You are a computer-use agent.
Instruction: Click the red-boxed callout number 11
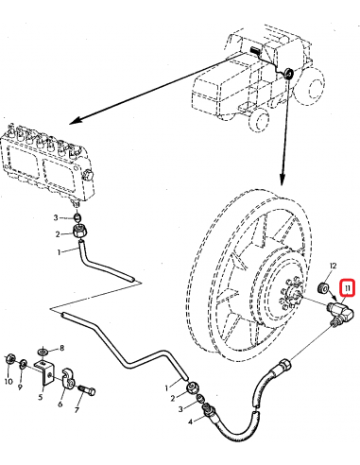(348, 287)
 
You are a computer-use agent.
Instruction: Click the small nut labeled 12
(321, 286)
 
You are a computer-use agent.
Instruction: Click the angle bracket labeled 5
(44, 374)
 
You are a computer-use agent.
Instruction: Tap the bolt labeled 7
(87, 387)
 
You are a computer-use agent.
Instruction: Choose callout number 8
(62, 348)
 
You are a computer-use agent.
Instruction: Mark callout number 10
(8, 383)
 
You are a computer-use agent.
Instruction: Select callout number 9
(19, 387)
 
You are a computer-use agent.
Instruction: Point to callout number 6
(60, 405)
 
